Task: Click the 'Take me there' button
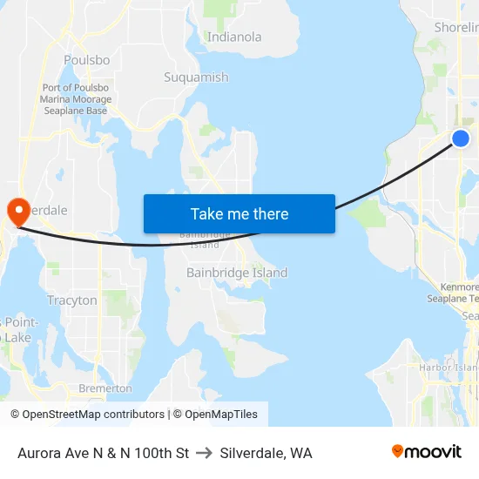(x=239, y=213)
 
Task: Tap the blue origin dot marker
(x=461, y=138)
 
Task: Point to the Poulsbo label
(x=86, y=60)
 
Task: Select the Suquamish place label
(x=196, y=78)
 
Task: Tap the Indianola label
(x=234, y=37)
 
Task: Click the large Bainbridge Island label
(x=237, y=273)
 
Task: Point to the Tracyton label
(x=72, y=300)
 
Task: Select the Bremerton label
(x=105, y=388)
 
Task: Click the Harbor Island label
(x=449, y=368)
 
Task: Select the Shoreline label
(x=456, y=28)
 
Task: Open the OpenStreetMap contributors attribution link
(x=87, y=415)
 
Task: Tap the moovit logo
(x=426, y=451)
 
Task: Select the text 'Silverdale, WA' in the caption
(x=266, y=453)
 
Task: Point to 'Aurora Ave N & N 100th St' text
(x=103, y=453)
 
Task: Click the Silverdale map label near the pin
(x=44, y=211)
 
